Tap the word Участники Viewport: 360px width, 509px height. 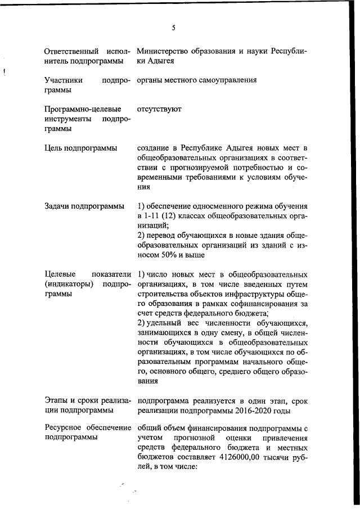click(x=63, y=80)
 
